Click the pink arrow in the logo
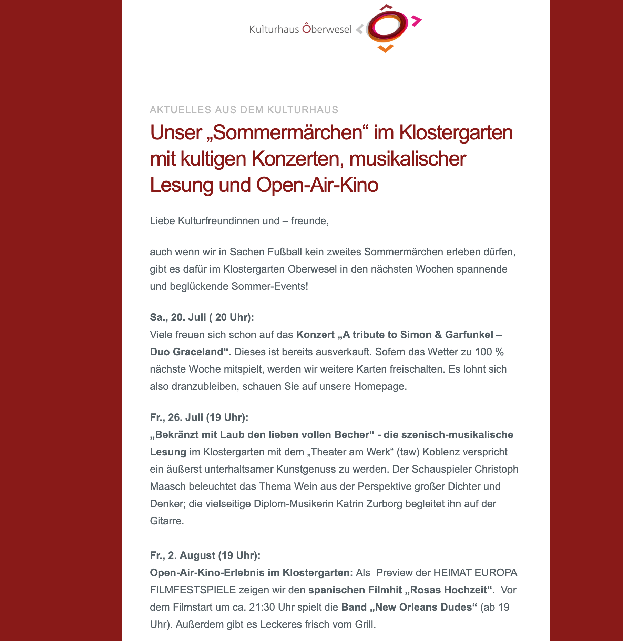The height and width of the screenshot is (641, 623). (x=416, y=21)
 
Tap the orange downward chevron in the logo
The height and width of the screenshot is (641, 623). (x=386, y=49)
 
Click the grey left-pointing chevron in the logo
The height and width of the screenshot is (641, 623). (x=360, y=29)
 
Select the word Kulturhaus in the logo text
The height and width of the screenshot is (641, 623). (x=274, y=29)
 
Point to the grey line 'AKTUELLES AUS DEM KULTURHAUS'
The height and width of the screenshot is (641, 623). (x=244, y=110)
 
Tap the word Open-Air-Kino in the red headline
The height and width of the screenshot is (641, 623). (x=317, y=185)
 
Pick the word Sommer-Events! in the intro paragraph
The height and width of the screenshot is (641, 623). (x=270, y=286)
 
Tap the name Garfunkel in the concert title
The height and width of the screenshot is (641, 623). (x=469, y=335)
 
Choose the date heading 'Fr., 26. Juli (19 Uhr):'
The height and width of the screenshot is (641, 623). (x=199, y=417)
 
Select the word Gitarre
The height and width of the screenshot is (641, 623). (x=167, y=521)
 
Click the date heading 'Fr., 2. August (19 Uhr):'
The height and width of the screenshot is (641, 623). (x=205, y=555)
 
